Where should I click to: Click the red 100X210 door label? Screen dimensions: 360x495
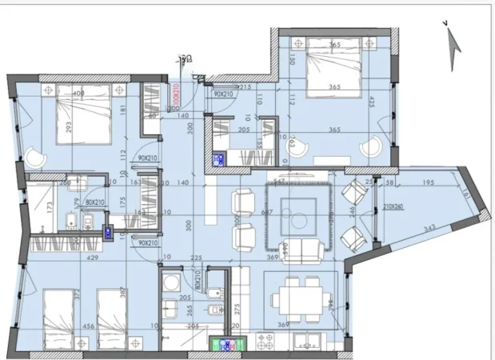(174, 97)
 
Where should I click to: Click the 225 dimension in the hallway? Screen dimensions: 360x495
(196, 258)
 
